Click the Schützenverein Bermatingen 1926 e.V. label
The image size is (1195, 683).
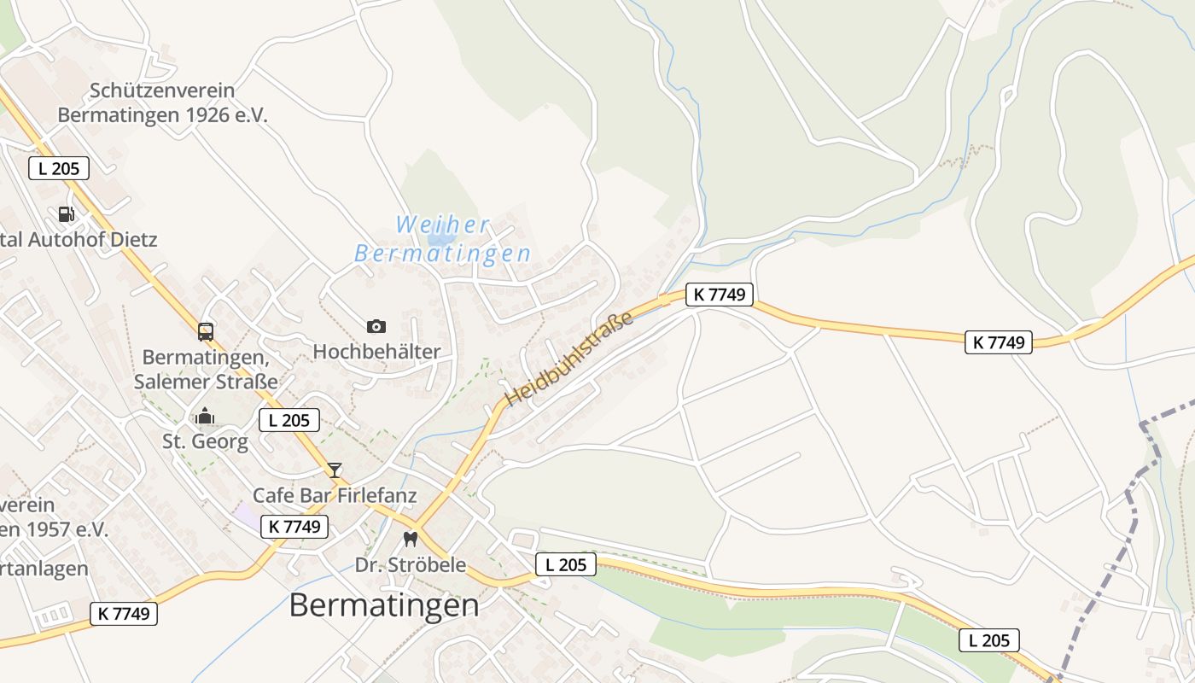[x=162, y=102]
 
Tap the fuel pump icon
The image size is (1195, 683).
[x=67, y=213]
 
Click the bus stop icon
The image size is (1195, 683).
[x=206, y=331]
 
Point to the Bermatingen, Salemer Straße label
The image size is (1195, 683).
[x=206, y=368]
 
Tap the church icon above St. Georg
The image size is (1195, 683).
[x=205, y=417]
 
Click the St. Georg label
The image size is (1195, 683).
[x=206, y=441]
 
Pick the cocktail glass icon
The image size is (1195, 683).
[x=335, y=470]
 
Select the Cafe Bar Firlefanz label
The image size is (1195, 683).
[x=335, y=495]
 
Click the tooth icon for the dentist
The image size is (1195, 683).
[x=411, y=540]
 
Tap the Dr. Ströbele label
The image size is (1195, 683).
[x=411, y=564]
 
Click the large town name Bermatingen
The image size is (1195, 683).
[x=384, y=604]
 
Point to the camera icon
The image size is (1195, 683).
[x=376, y=326]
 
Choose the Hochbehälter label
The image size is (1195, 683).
[x=376, y=351]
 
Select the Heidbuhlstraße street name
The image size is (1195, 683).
[x=569, y=359]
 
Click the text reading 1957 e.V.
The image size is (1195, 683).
[x=56, y=529]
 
